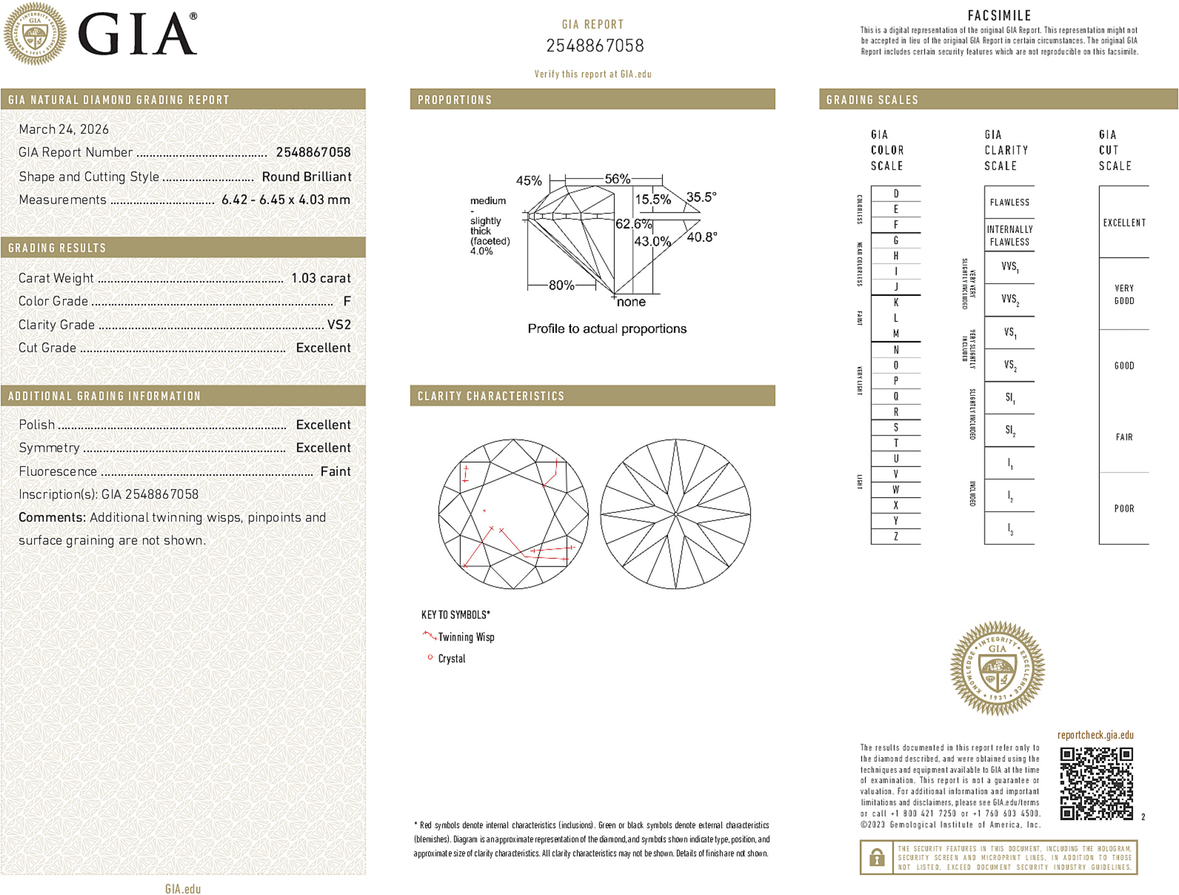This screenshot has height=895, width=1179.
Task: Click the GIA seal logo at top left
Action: (x=35, y=34)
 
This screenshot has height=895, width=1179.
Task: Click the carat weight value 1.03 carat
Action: (x=321, y=278)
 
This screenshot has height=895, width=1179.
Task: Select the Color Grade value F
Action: (x=347, y=301)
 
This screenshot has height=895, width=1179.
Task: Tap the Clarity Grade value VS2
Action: (x=339, y=325)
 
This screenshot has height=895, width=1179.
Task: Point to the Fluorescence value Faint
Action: (x=336, y=471)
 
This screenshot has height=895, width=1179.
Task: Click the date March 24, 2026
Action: (x=64, y=130)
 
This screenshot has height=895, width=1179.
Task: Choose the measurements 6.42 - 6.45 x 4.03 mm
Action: (x=286, y=200)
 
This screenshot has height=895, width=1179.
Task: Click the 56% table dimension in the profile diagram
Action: (x=617, y=179)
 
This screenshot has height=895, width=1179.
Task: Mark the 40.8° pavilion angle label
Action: (x=701, y=237)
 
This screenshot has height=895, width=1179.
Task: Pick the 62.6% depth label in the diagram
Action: (x=633, y=224)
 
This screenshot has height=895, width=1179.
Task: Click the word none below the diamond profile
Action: (x=631, y=302)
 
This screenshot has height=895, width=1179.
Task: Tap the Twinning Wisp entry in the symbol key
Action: (x=466, y=638)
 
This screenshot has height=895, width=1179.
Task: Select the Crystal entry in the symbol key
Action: (x=451, y=659)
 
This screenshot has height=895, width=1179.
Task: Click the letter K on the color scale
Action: (x=896, y=303)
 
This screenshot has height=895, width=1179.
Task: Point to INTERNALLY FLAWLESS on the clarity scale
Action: (x=1009, y=236)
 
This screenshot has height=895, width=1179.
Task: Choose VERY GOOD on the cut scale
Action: (x=1124, y=295)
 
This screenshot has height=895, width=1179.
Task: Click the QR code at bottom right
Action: (x=1096, y=784)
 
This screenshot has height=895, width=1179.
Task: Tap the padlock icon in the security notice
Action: (x=876, y=857)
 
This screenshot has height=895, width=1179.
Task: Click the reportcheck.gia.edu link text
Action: (x=1095, y=735)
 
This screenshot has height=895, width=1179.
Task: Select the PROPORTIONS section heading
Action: (x=454, y=100)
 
